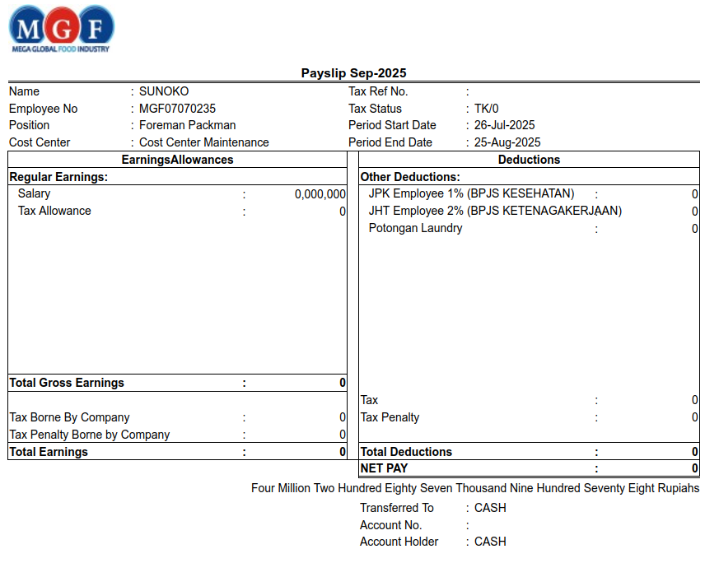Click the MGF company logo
coord(61,30)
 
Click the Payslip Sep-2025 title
coord(353,73)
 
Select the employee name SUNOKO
coord(164,91)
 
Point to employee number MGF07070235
coord(177,109)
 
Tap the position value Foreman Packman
coord(187,125)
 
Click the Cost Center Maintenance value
coord(203,142)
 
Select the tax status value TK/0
coord(486,109)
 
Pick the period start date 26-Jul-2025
coord(504,125)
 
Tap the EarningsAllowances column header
coord(177,160)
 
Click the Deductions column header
coord(529,160)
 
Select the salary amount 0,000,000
coord(320,194)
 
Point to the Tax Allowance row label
coord(54,211)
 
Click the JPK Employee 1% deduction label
coord(471,193)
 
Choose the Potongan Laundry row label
coord(415,228)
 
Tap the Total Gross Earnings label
coord(67,383)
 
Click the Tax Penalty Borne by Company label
coord(89,435)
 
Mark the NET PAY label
coord(384,468)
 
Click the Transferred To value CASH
coord(490,508)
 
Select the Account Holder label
coord(399,542)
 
